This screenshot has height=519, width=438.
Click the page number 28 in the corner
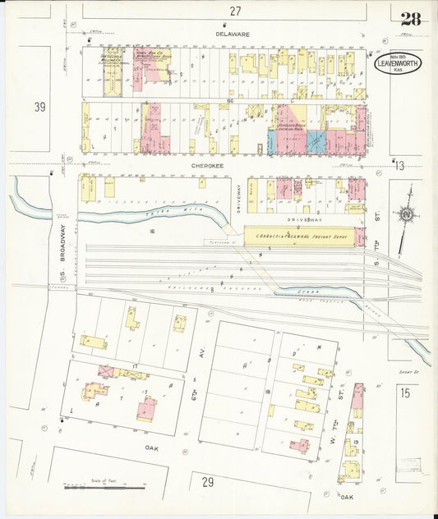click(x=410, y=19)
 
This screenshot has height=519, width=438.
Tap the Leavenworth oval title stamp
click(x=399, y=63)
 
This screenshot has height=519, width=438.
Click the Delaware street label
click(x=232, y=34)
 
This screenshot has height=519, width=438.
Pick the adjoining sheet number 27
click(x=236, y=11)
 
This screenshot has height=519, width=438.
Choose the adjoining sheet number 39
click(x=39, y=108)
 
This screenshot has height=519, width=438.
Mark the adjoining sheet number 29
click(x=209, y=482)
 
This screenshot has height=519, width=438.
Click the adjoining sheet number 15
click(x=404, y=393)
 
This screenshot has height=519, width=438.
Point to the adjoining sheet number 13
click(x=399, y=166)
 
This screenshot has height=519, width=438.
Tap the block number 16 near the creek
click(x=152, y=232)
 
